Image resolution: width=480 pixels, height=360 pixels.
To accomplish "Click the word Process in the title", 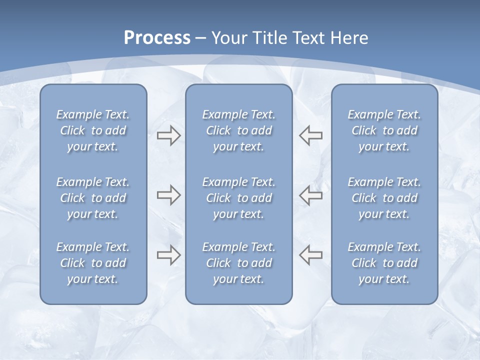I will click(x=157, y=38).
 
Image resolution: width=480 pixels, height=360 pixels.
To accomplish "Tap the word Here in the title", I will click(x=349, y=38).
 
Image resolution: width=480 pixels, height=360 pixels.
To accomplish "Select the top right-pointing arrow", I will click(x=168, y=135).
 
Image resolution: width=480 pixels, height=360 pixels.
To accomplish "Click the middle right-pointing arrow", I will click(x=168, y=195).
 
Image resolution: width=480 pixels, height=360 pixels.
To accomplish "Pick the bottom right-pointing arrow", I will click(x=168, y=255).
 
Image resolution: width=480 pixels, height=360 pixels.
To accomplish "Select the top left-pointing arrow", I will click(x=311, y=135).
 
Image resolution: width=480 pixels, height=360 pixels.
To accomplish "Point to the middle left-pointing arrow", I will click(x=311, y=195).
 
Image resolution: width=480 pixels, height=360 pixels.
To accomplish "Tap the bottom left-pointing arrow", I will click(x=311, y=255).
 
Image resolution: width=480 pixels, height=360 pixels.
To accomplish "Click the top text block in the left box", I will click(x=93, y=130).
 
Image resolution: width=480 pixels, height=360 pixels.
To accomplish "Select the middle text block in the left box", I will click(x=93, y=198).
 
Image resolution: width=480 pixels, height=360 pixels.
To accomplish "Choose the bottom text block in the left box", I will click(x=93, y=263).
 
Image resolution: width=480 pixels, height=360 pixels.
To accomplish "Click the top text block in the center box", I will click(x=239, y=130).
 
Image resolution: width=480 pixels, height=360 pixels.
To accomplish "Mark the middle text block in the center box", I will click(x=239, y=198).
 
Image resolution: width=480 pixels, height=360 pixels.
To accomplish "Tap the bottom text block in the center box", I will click(x=239, y=263).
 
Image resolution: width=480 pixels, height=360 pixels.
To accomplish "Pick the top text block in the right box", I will click(x=384, y=130).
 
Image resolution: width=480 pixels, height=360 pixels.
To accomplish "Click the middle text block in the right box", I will click(x=384, y=198).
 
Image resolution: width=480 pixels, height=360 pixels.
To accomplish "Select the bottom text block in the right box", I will click(x=384, y=263).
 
